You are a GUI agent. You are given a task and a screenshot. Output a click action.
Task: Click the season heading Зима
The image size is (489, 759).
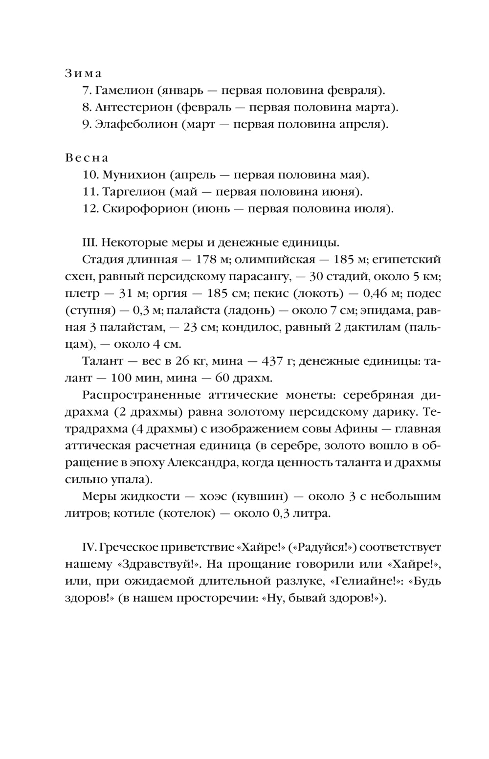tap(83, 73)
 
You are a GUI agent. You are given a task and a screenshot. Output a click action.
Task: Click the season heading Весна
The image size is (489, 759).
tap(87, 158)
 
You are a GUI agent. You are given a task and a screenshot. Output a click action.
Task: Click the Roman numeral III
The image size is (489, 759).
tap(90, 243)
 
